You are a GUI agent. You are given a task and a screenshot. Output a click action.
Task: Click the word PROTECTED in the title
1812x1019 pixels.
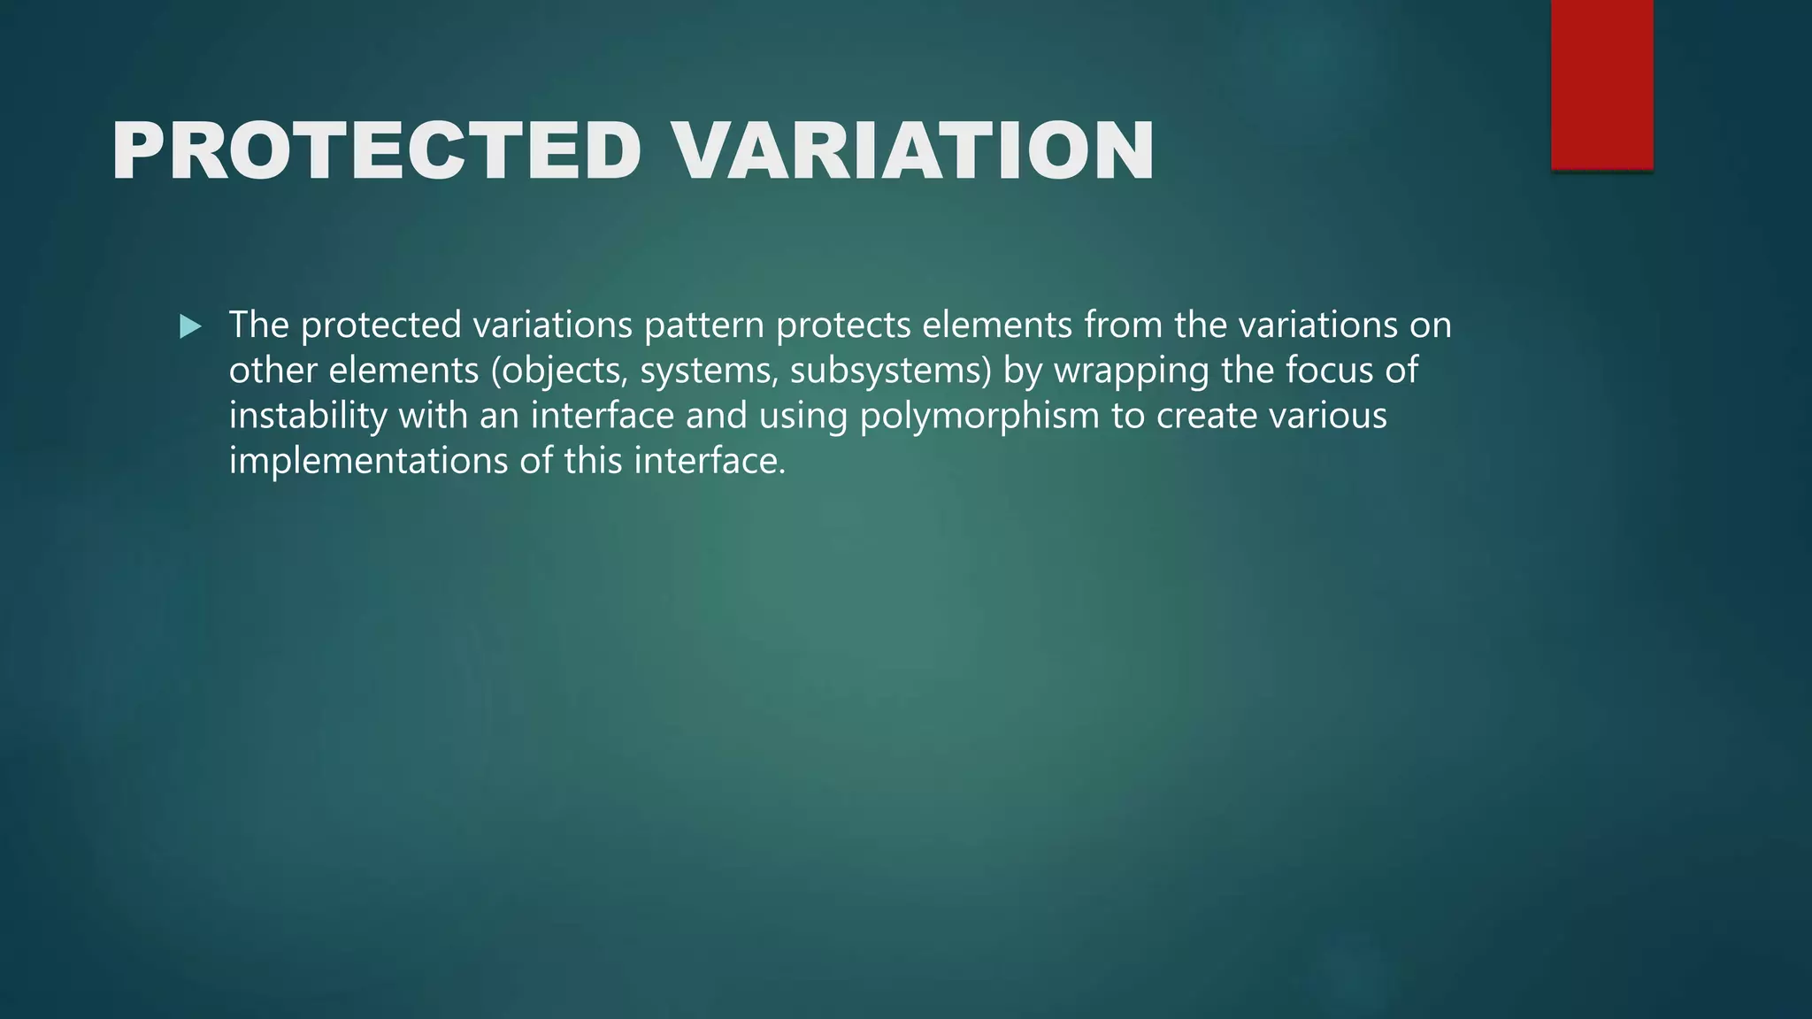click(x=376, y=151)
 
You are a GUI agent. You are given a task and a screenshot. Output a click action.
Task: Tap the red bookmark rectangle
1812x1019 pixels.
click(x=1601, y=84)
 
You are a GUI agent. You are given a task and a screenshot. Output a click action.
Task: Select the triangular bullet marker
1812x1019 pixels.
click(x=189, y=326)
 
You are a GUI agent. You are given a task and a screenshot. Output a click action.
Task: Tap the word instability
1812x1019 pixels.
click(x=308, y=416)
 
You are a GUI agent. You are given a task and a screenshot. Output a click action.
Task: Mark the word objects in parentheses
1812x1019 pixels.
click(x=560, y=371)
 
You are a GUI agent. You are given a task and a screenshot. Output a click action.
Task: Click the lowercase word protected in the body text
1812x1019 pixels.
click(x=381, y=326)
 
